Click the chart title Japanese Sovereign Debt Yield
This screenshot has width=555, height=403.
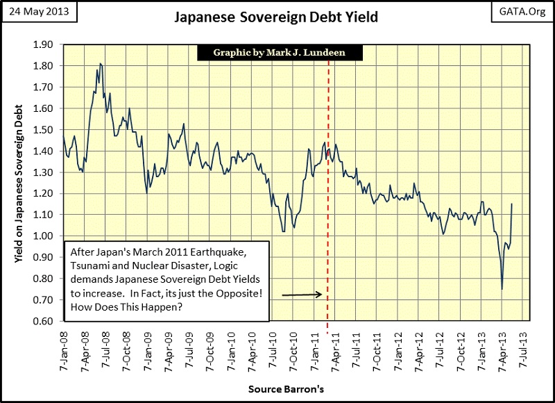click(x=275, y=17)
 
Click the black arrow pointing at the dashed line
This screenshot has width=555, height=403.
click(x=302, y=295)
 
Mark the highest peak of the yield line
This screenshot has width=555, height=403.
click(x=101, y=64)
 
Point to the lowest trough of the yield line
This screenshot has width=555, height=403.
click(x=502, y=289)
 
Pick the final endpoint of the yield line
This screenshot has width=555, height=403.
click(x=511, y=204)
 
